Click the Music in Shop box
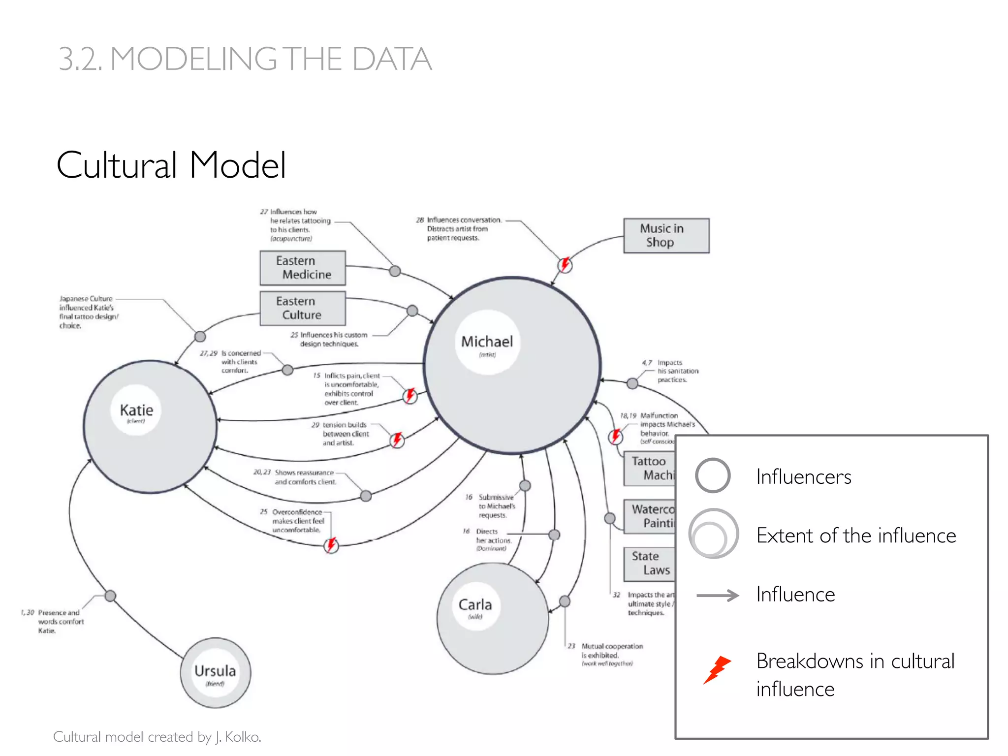click(666, 236)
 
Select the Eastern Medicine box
click(302, 268)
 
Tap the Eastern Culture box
click(302, 308)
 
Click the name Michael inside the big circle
click(487, 342)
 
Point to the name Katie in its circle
click(136, 410)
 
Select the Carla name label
click(475, 604)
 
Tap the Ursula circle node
click(215, 672)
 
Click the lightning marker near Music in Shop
click(565, 265)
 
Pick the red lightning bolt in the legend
click(717, 669)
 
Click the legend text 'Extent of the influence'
click(856, 535)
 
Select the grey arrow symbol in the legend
click(717, 596)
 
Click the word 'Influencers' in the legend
click(803, 477)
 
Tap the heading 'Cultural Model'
click(171, 165)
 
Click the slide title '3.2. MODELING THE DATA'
click(245, 59)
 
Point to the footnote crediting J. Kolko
click(157, 737)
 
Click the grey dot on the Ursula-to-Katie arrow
click(110, 596)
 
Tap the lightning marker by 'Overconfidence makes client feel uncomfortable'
click(331, 545)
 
